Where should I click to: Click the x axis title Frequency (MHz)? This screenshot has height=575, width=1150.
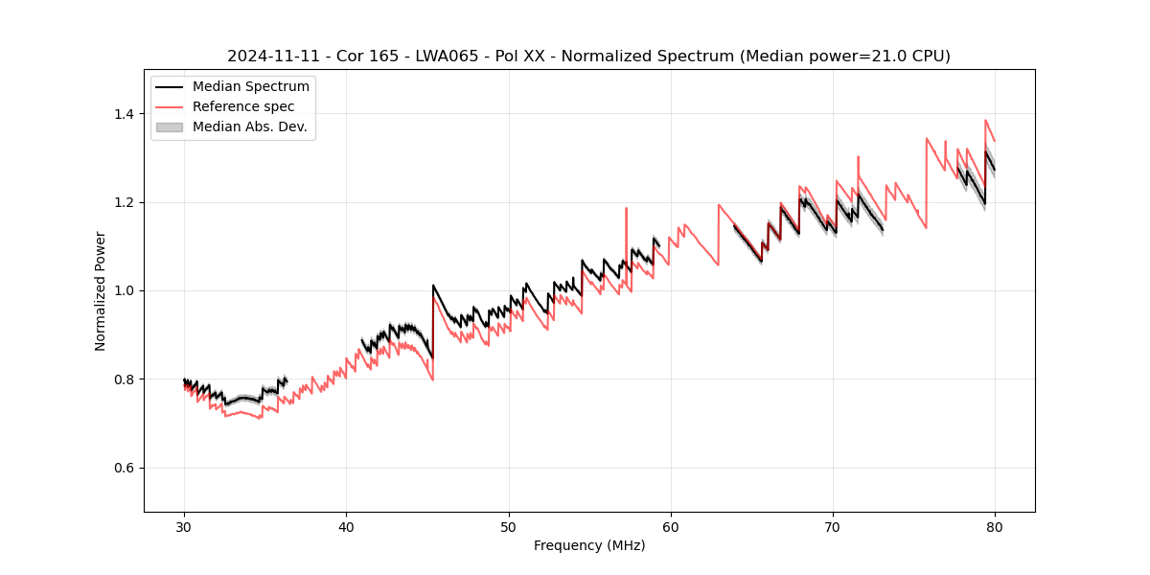589,545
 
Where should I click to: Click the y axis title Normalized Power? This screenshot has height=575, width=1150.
101,290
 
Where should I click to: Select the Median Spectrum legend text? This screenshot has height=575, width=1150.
251,87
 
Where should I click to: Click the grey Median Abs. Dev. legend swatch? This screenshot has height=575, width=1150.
169,126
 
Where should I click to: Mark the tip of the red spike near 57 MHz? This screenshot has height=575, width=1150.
626,208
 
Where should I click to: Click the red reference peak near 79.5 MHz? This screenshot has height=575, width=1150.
985,121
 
